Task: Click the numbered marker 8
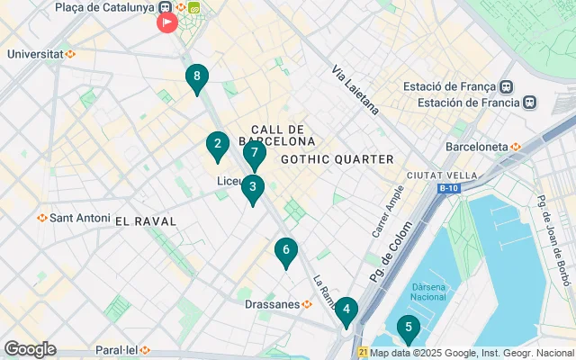196,78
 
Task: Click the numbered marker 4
346,310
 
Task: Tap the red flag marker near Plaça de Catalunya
167,22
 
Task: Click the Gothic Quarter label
337,159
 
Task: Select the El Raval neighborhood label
150,220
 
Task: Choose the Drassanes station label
273,304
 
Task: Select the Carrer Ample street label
382,211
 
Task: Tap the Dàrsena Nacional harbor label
428,292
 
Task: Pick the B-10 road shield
448,189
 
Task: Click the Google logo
30,349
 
